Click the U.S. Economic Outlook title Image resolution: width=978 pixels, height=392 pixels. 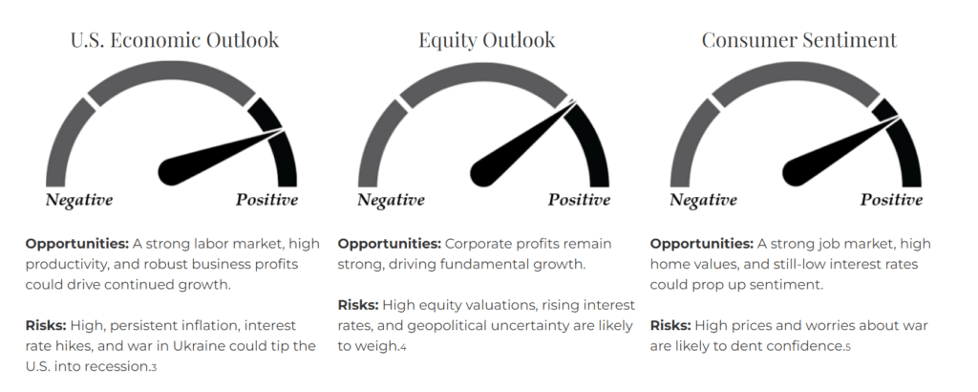(175, 40)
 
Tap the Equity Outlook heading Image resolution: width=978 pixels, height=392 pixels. (486, 41)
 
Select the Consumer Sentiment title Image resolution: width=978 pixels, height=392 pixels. (799, 40)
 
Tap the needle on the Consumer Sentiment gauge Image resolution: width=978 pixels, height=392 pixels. (839, 152)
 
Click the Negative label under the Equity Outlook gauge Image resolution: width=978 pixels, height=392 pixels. (391, 200)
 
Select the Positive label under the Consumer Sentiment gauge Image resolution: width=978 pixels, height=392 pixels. (891, 200)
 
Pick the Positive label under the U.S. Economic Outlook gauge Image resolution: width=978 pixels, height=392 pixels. (266, 200)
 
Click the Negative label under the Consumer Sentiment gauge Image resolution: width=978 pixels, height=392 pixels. (703, 200)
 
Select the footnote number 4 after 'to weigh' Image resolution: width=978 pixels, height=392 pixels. (403, 347)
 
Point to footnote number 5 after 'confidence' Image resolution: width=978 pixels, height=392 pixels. (847, 347)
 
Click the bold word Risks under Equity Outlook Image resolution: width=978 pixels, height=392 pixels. (358, 305)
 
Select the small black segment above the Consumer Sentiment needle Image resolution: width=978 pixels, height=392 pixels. (884, 109)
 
